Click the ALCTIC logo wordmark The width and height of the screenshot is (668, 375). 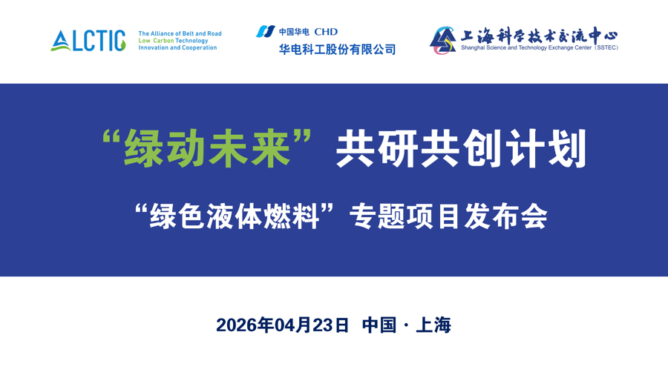[88, 41]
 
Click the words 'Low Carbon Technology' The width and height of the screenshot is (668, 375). [173, 41]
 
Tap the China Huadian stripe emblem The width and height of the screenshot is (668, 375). [265, 31]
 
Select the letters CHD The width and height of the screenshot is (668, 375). [325, 32]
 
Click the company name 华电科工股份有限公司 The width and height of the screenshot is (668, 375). [337, 50]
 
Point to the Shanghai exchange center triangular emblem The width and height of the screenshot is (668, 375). [443, 40]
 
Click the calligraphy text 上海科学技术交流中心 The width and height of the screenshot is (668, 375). [539, 35]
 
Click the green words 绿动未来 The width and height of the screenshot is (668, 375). [207, 148]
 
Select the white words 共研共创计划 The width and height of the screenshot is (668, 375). [461, 148]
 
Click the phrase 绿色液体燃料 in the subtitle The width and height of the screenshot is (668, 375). [235, 216]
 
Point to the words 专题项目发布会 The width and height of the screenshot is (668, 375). [449, 216]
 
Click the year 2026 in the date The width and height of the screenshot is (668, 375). [236, 325]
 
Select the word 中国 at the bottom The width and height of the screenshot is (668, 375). [379, 325]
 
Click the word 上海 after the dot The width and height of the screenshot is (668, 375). [433, 325]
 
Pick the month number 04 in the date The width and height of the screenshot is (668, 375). [285, 325]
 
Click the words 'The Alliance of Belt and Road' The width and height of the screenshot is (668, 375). [180, 33]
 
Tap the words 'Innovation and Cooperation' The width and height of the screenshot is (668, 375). [177, 48]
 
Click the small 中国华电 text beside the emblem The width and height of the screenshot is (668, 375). [294, 32]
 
